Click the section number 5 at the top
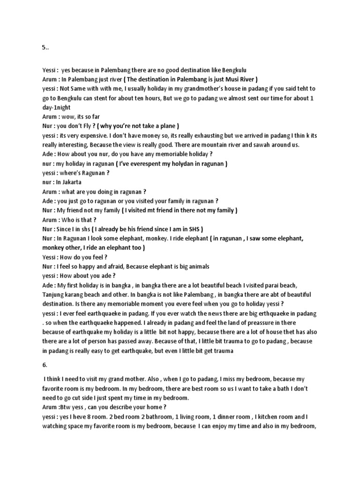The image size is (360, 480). click(x=44, y=48)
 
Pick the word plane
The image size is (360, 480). click(x=166, y=126)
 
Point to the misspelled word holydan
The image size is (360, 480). click(x=180, y=164)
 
